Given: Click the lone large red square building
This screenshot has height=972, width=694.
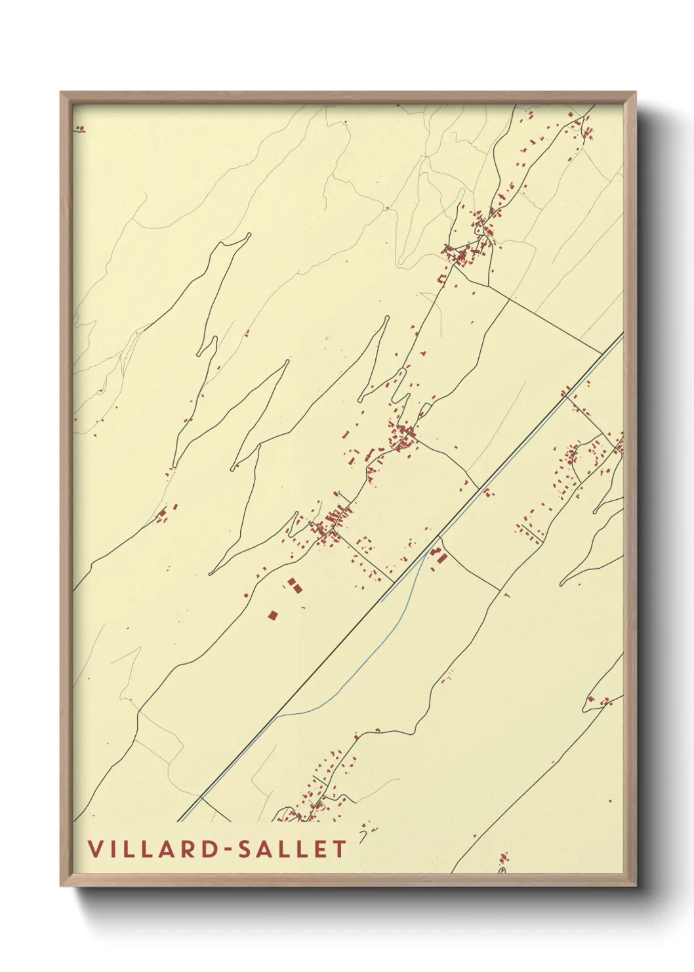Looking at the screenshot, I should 273,615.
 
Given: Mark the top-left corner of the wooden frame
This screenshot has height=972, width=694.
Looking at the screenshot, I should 62,93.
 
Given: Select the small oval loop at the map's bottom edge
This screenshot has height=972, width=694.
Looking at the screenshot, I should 502,870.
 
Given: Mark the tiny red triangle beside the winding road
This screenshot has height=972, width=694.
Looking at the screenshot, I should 506,594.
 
